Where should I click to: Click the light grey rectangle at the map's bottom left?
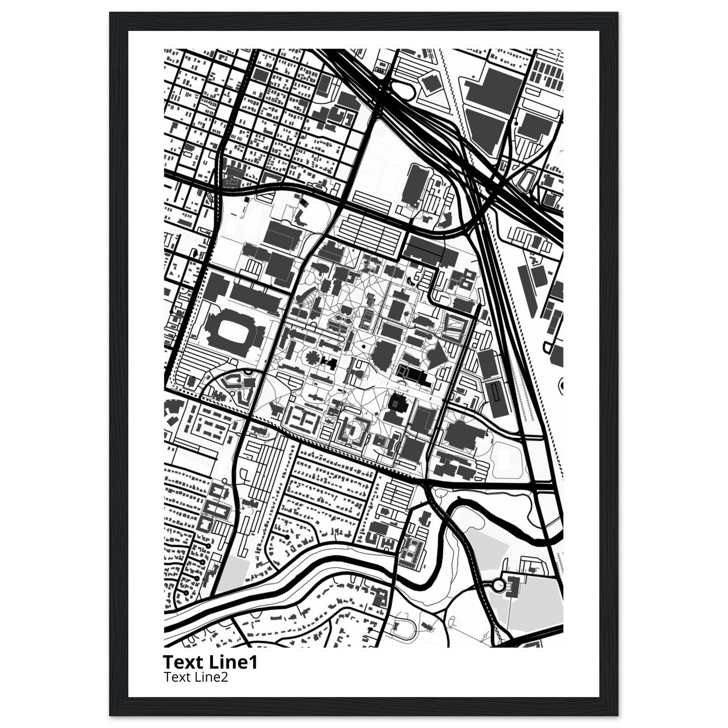pos(234,582)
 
